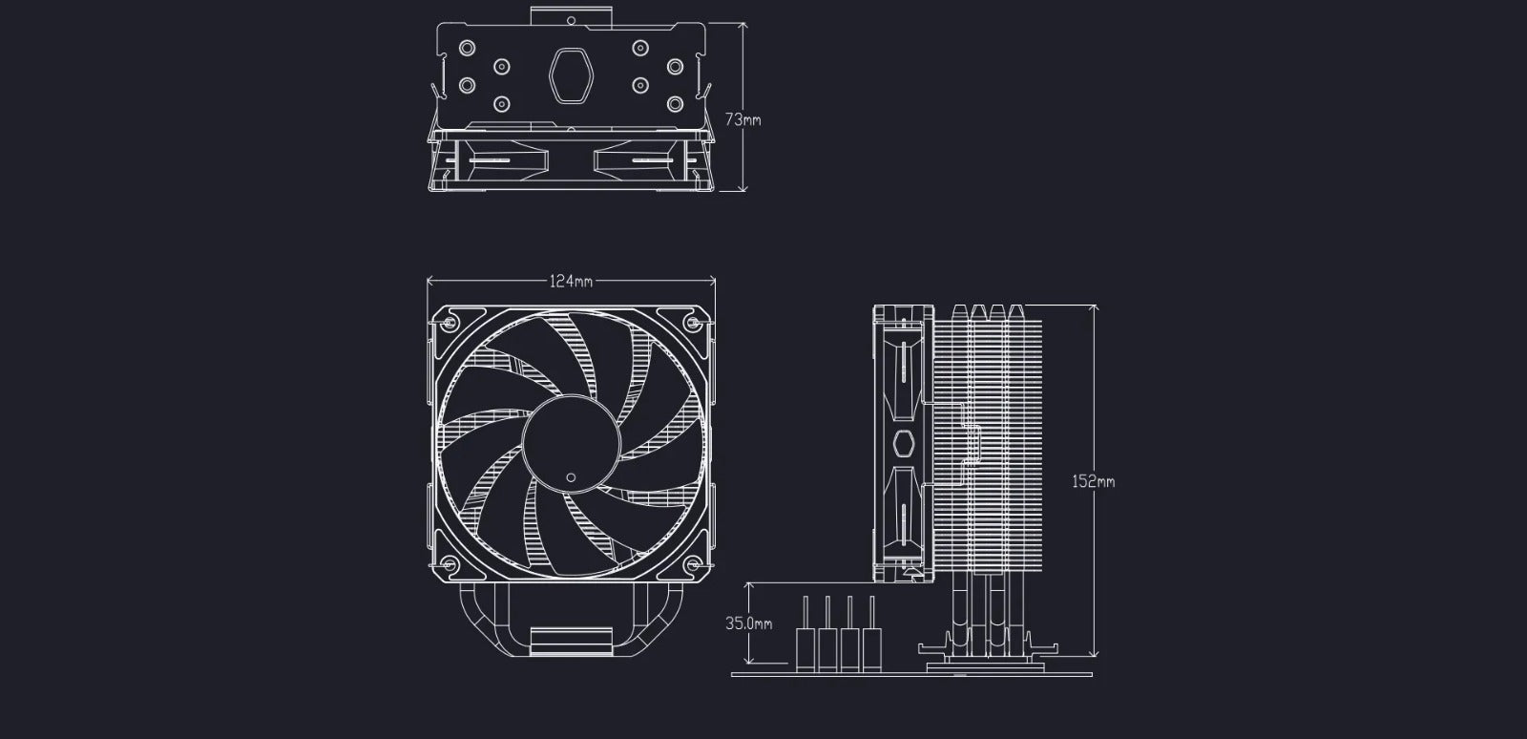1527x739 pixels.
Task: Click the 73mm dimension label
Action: (x=743, y=120)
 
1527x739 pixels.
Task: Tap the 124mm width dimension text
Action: (x=572, y=281)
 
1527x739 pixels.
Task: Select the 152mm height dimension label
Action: (x=1094, y=481)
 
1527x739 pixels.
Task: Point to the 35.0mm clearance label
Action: (x=748, y=623)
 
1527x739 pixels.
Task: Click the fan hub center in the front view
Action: (x=572, y=444)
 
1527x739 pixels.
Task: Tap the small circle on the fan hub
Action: (x=571, y=477)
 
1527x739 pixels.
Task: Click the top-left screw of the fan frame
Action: (x=450, y=322)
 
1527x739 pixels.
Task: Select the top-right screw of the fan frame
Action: (x=693, y=322)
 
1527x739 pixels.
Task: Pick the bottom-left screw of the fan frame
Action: (x=450, y=563)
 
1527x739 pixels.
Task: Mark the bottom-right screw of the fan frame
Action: (x=693, y=563)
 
